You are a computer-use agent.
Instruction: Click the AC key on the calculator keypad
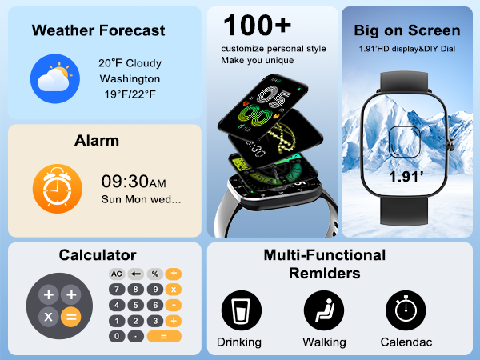[x=117, y=274]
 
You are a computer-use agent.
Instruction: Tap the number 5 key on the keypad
[x=136, y=305]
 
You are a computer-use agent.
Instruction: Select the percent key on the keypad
[x=155, y=274]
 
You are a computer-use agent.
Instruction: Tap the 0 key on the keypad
[x=117, y=336]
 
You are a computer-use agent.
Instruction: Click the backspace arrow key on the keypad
[x=136, y=274]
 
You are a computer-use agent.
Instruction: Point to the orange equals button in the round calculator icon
[x=70, y=317]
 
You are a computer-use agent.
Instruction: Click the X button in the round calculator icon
[x=48, y=317]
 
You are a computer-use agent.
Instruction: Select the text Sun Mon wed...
[x=141, y=199]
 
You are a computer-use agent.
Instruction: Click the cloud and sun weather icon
[x=54, y=78]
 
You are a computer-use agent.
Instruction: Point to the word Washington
[x=130, y=79]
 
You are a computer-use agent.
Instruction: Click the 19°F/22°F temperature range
[x=130, y=95]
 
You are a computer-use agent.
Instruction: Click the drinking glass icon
[x=238, y=308]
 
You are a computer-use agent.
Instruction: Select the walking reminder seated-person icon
[x=324, y=308]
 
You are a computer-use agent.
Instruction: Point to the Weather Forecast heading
[x=98, y=31]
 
